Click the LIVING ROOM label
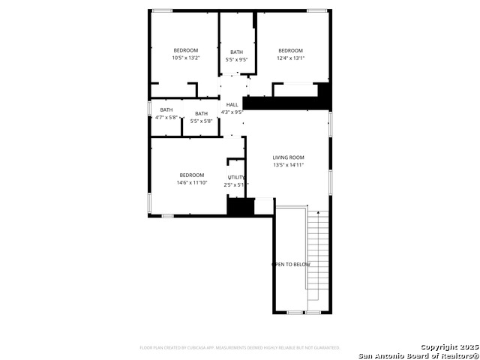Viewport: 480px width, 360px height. point(288,157)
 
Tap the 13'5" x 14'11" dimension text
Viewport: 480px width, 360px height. point(288,165)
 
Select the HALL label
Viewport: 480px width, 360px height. point(232,105)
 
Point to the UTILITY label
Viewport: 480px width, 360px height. point(236,177)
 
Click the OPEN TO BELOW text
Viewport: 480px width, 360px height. point(291,265)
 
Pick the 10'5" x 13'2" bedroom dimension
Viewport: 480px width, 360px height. point(186,58)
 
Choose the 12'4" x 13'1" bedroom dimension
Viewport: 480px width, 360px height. point(290,58)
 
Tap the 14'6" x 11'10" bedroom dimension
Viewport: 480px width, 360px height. point(191,182)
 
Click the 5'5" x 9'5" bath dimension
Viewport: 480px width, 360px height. point(236,59)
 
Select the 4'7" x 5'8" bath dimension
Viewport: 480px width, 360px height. point(166,117)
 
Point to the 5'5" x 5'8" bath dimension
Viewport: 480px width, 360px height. point(201,121)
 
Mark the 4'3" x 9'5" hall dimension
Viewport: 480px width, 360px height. point(232,112)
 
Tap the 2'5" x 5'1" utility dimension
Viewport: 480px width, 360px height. point(235,184)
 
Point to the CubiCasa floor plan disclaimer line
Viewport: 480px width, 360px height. point(240,347)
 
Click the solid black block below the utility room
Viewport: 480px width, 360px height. point(237,207)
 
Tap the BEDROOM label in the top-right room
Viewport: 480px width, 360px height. point(290,50)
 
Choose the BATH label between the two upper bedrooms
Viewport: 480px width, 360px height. point(236,52)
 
